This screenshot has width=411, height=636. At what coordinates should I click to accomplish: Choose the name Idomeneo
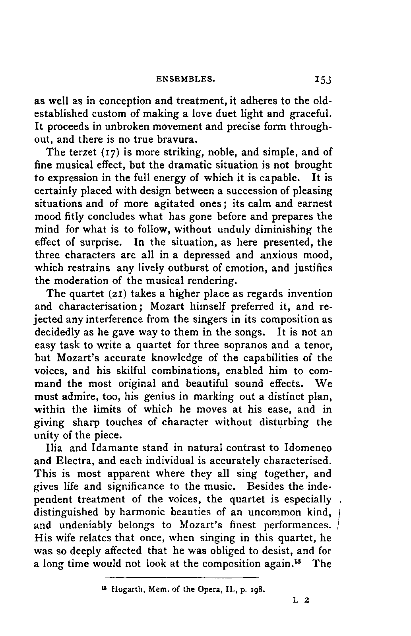(x=308, y=448)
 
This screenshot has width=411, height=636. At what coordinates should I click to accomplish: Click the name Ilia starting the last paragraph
(x=54, y=448)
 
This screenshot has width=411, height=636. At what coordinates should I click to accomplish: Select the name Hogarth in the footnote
(x=124, y=590)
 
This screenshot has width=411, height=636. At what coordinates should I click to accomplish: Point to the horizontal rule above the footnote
(x=182, y=577)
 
